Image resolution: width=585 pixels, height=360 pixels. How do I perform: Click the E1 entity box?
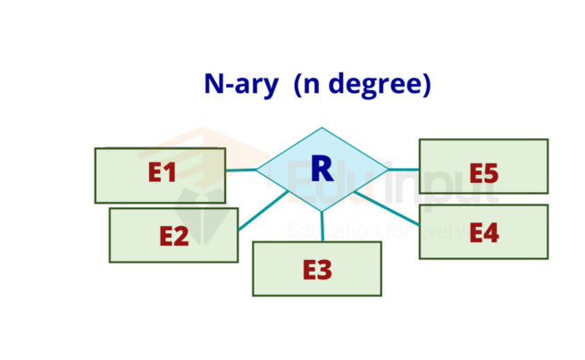[x=160, y=175]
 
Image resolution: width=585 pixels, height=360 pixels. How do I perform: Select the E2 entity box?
[x=173, y=235]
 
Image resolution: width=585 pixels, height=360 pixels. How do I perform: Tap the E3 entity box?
[x=317, y=268]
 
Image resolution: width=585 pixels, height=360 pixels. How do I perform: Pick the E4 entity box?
[x=483, y=231]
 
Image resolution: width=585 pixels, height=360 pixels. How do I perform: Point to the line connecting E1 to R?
[x=240, y=170]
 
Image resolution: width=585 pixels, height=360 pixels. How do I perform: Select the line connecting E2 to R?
[x=263, y=211]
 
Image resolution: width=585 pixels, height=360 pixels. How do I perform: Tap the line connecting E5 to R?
[x=404, y=168]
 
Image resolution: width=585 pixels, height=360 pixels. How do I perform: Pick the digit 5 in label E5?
[x=491, y=172]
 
